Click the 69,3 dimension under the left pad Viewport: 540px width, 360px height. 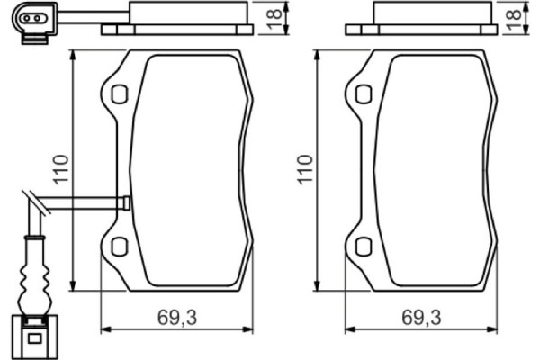point(176,317)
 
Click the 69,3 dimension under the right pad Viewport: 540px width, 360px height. point(421,317)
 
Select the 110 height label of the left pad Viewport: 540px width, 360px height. point(60,170)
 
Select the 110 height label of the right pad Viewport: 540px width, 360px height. point(305,170)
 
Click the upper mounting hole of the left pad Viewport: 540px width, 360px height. point(119,94)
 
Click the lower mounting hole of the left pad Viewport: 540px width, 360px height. point(119,246)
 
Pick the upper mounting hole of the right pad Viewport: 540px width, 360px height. point(363,94)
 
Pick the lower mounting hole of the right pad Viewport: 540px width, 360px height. point(363,246)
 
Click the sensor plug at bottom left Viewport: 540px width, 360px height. point(33,334)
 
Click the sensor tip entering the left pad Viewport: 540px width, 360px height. point(125,203)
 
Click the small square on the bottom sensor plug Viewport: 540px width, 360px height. point(33,339)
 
